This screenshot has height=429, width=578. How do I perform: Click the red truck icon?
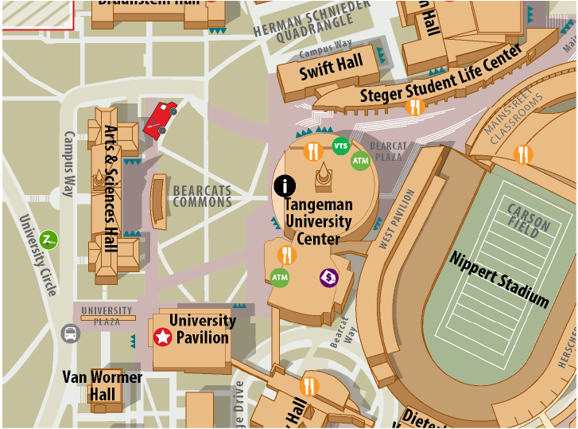point(160,119)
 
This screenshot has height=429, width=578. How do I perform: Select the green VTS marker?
point(340,146)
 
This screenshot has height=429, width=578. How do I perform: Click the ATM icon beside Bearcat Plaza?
point(361,160)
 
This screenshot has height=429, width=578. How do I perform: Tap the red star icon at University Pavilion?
point(162,337)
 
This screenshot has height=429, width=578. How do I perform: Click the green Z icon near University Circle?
point(49,239)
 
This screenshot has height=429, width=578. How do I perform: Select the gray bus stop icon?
point(70,333)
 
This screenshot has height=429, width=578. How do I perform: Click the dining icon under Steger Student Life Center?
point(414,106)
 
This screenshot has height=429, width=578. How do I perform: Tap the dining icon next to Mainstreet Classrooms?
point(523,154)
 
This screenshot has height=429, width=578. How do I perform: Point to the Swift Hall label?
point(331,68)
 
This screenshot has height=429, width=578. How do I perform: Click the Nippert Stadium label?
point(499,279)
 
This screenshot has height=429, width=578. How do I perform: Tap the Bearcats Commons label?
point(202,196)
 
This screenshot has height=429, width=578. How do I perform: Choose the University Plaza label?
point(107,316)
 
